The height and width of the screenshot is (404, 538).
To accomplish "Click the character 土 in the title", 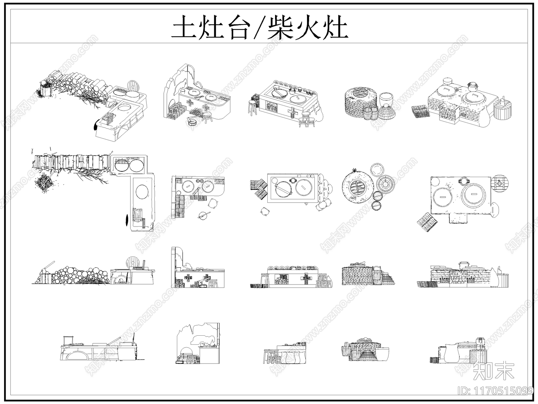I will tap(184, 27).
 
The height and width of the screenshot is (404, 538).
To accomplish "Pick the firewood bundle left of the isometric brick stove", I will tap(421, 111).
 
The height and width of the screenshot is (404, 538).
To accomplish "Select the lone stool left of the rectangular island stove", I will tap(253, 107).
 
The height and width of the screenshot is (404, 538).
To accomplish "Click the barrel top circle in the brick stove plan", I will tap(500, 183).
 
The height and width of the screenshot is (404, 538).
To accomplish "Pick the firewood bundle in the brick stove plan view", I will tap(427, 222).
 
